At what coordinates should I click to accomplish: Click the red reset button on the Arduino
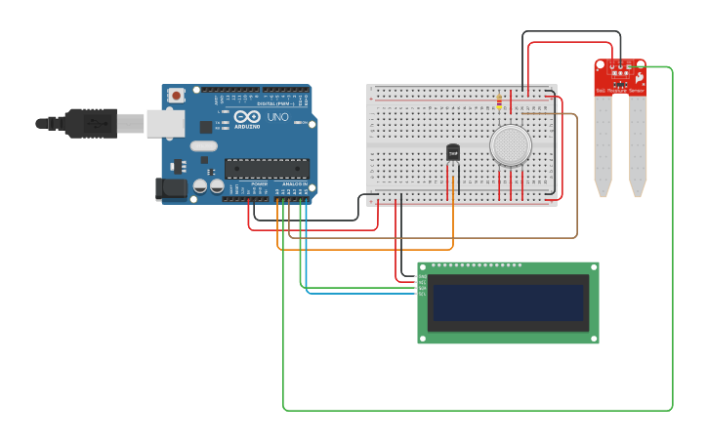(176, 96)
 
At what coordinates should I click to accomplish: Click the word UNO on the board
(277, 117)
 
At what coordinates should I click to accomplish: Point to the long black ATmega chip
(267, 169)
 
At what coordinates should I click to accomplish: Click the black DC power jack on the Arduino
(172, 189)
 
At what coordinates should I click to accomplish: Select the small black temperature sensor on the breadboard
(453, 152)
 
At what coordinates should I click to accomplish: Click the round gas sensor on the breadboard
(511, 145)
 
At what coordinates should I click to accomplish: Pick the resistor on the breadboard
(499, 100)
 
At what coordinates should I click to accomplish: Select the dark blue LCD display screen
(508, 302)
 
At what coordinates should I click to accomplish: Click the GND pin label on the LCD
(422, 277)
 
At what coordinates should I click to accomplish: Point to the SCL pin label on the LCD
(422, 292)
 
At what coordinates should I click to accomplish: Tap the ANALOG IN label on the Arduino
(294, 183)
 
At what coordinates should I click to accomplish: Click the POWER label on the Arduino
(259, 183)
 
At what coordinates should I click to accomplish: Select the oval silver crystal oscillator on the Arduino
(203, 146)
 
